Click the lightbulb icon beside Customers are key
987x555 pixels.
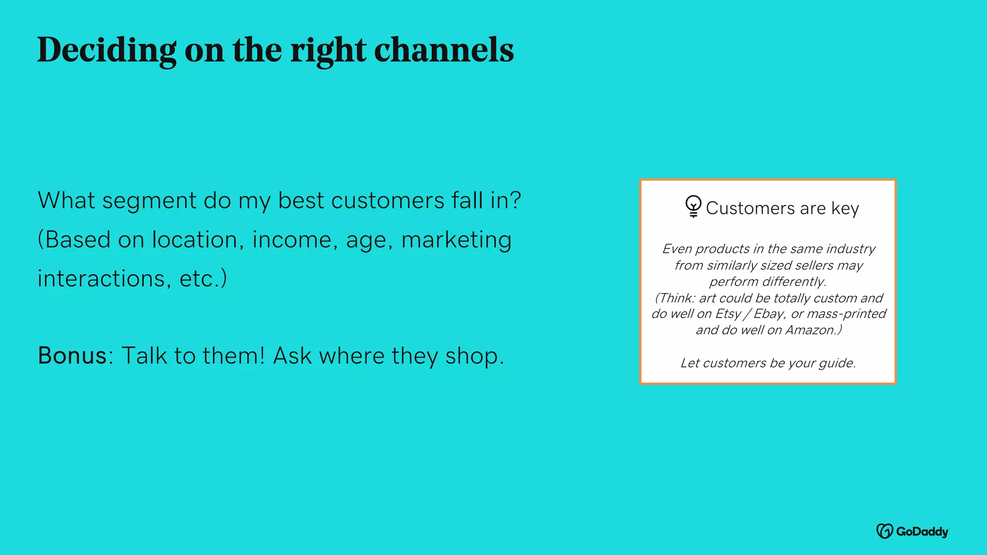[693, 207]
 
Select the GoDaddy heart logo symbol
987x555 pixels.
[884, 531]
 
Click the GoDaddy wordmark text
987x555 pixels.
[922, 531]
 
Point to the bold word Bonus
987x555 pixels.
[72, 356]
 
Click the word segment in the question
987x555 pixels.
[149, 201]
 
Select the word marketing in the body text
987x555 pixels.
[456, 240]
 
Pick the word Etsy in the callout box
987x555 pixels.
[728, 314]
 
